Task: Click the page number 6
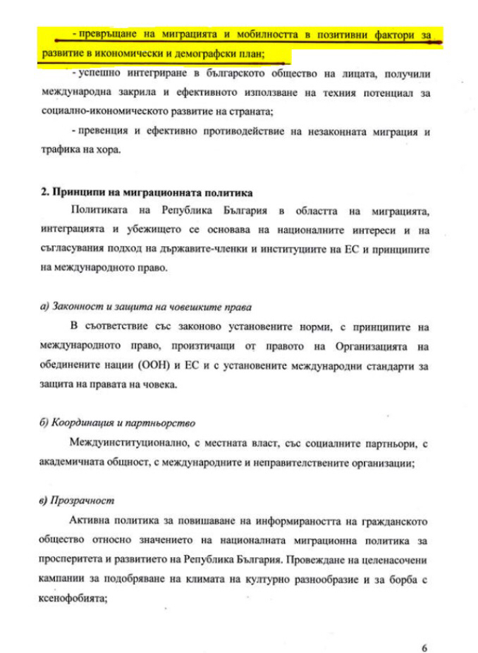pos(424,628)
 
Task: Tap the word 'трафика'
pos(59,150)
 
